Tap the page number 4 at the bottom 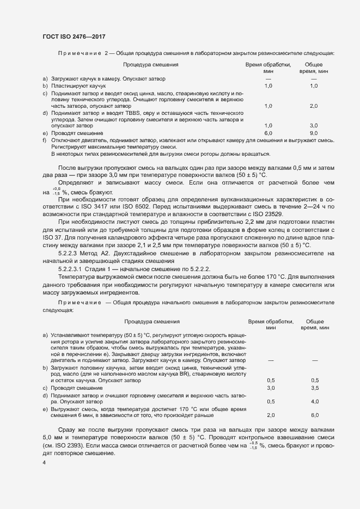tap(44, 462)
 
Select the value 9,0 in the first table tap(314, 133)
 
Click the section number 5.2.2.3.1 tap(70, 269)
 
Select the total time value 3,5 tap(315, 388)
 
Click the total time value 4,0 tap(315, 401)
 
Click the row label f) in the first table tap(45, 140)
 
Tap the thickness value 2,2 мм tap(247, 238)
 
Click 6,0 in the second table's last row tap(315, 415)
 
